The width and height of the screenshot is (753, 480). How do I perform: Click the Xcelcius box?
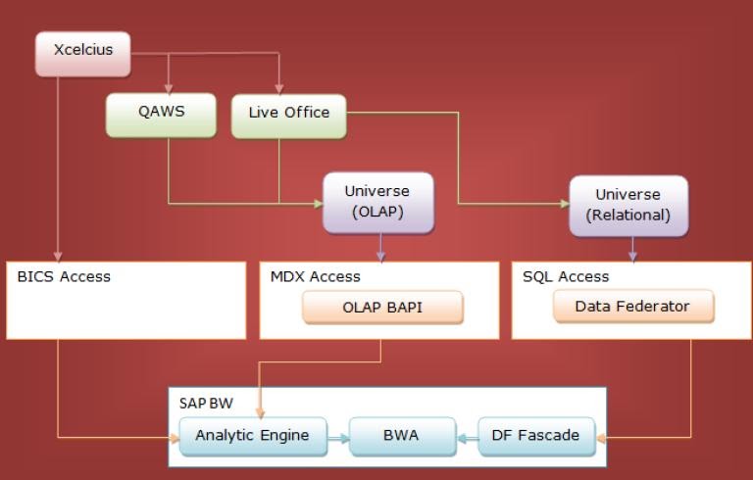coord(83,53)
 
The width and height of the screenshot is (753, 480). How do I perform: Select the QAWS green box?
coord(161,116)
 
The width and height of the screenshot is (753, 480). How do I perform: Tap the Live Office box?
coord(288,116)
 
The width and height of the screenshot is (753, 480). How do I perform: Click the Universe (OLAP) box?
coord(377,203)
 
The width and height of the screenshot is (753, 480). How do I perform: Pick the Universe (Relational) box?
coord(628,205)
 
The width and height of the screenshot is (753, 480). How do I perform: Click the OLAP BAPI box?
coord(381,308)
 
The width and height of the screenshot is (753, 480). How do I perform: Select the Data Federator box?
coord(632,307)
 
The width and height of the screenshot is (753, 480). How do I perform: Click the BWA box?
coord(401,435)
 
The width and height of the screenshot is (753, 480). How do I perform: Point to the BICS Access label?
coord(64,276)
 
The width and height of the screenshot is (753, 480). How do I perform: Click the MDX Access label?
coord(315,276)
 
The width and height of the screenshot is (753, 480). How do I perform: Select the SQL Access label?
coord(566,276)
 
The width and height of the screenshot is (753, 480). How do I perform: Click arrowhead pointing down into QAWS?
coord(170,89)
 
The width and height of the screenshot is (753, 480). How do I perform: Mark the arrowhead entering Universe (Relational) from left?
coord(564,204)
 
